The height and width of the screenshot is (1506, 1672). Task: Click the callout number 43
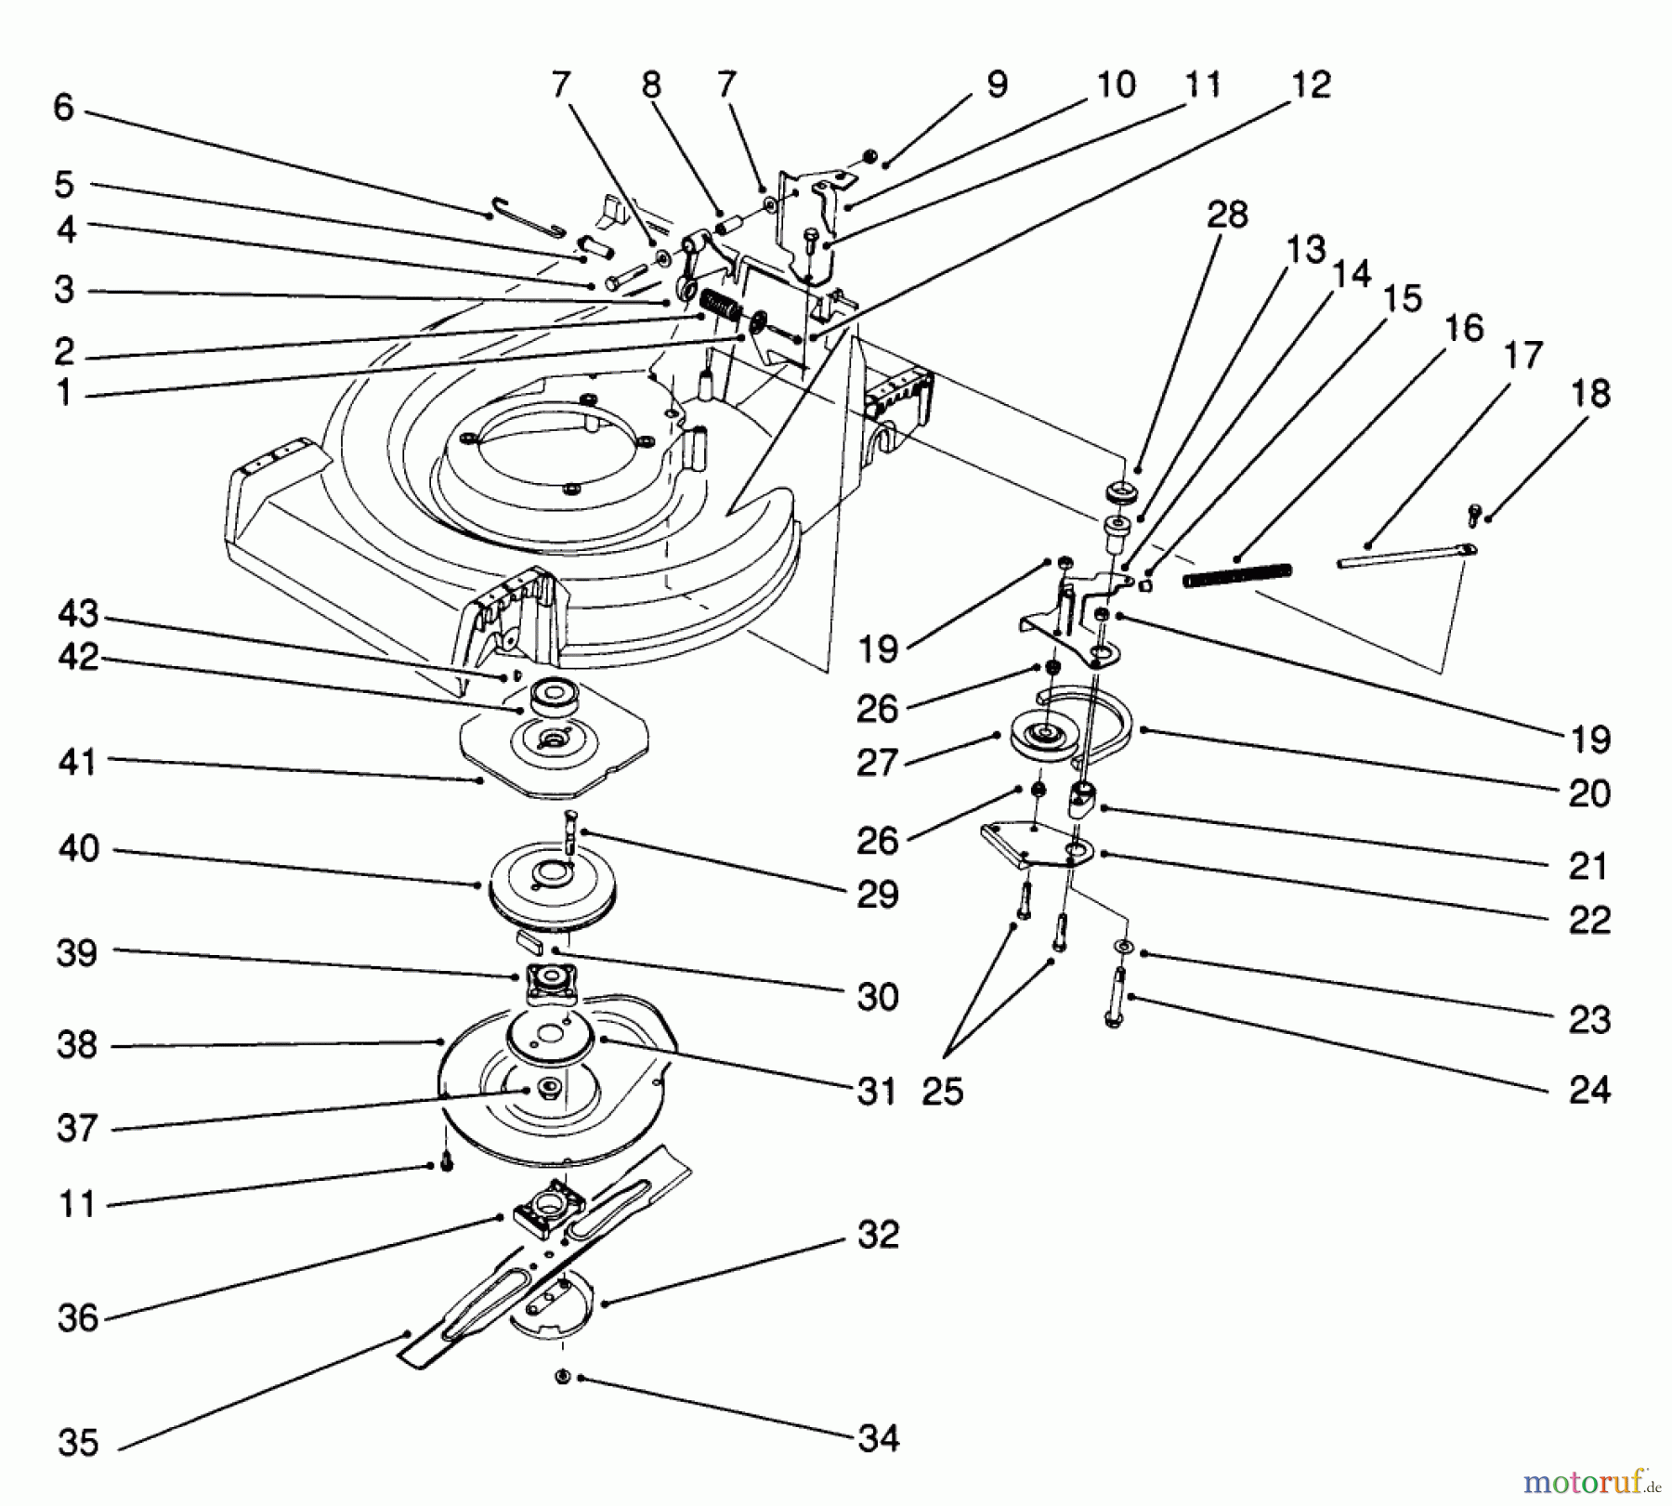click(x=78, y=614)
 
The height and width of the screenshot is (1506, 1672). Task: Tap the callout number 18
click(x=1589, y=394)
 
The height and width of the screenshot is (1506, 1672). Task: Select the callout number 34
click(x=879, y=1439)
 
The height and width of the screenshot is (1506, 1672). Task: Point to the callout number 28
click(x=1226, y=216)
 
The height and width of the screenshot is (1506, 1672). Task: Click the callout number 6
click(x=63, y=108)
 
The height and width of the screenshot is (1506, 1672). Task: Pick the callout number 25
click(x=943, y=1092)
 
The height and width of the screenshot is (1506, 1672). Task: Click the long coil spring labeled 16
click(x=1237, y=576)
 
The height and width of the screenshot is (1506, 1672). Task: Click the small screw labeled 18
click(x=1474, y=512)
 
